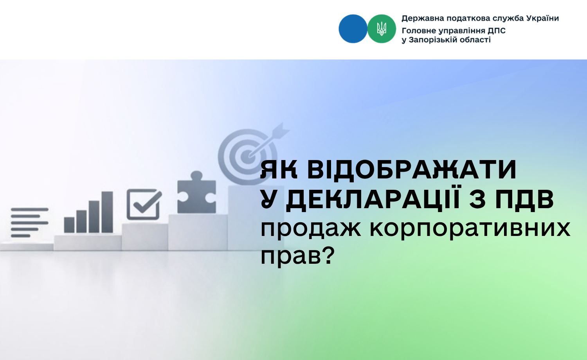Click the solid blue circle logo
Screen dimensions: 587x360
pos(353,29)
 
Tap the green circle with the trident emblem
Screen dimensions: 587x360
pos(382,29)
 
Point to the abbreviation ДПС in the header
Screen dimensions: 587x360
pos(497,31)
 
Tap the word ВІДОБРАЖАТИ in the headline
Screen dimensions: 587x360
pos(412,170)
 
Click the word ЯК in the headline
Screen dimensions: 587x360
pos(279,170)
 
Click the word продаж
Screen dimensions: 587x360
pos(311,229)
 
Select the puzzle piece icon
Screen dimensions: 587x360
pos(196,192)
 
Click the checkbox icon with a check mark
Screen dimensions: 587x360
pos(144,204)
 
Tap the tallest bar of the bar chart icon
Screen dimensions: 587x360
pos(107,212)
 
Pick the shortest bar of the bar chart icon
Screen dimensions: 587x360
pos(69,225)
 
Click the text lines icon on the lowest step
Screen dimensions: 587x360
pos(30,223)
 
